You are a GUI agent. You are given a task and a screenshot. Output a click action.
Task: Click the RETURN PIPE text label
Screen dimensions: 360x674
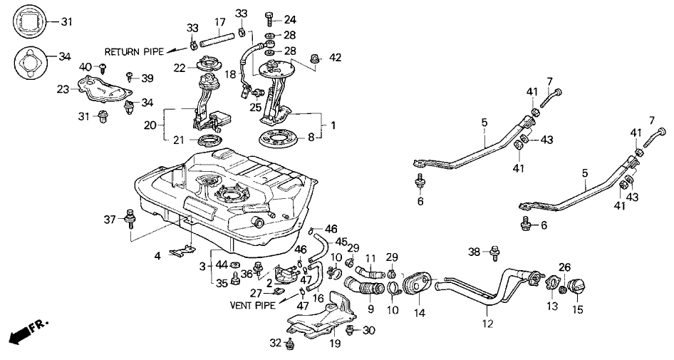(x=134, y=52)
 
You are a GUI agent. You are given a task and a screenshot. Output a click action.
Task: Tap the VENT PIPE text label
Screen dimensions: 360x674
(x=253, y=304)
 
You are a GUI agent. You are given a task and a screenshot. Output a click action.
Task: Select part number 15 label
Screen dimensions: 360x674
(x=578, y=311)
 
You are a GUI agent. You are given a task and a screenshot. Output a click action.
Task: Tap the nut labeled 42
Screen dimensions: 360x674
(x=314, y=57)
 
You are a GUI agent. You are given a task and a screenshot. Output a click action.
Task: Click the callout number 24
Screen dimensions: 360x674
(x=289, y=19)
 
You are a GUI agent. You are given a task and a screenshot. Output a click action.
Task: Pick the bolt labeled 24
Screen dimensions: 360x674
(x=270, y=18)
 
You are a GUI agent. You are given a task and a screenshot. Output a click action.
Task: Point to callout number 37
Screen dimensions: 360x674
(x=110, y=218)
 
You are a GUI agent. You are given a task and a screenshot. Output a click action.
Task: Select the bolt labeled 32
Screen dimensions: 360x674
(x=290, y=345)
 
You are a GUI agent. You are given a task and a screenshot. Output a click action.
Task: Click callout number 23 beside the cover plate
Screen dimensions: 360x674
(x=63, y=90)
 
